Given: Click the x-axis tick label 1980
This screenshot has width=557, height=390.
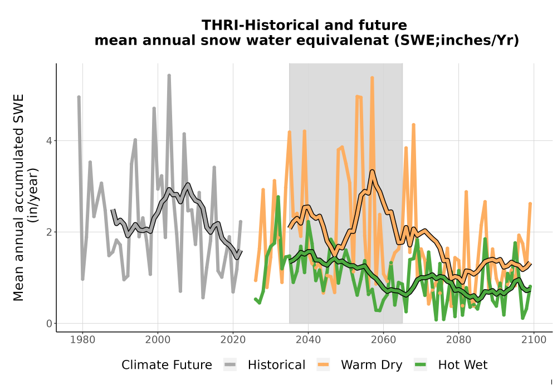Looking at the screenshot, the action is coord(83,340).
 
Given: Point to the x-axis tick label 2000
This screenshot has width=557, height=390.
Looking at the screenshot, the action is coord(158,340).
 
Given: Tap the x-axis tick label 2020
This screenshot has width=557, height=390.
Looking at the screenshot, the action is coord(233,340).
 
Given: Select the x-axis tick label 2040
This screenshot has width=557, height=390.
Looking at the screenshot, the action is coord(309,340).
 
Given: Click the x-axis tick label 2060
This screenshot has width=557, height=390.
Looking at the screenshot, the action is coord(383,340).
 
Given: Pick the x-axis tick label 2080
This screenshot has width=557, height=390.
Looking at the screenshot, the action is coord(458,340).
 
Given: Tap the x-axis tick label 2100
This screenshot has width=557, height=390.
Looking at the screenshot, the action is coord(534,340).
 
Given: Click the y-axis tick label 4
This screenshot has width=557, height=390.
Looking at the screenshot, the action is coord(49,140).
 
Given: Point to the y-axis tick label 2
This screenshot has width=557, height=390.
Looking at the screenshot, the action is coord(49,232).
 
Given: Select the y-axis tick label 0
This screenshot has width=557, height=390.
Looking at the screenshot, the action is coord(49,324).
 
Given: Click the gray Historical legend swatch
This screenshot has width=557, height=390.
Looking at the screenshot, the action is coord(230,365).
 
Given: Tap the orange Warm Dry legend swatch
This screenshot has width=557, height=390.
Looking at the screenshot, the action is coord(323,365).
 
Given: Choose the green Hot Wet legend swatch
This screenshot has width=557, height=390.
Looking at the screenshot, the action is coord(420,365).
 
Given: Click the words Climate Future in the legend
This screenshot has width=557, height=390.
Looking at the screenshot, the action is coord(167,365).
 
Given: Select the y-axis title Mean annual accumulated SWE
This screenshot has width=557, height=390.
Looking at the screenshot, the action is coord(18,197).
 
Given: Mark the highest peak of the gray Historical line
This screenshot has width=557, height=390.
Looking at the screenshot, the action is coord(169,76).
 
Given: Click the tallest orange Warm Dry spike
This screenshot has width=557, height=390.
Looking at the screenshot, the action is coord(372,77).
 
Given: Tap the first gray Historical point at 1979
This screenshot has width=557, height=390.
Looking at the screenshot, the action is coord(79,97).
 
